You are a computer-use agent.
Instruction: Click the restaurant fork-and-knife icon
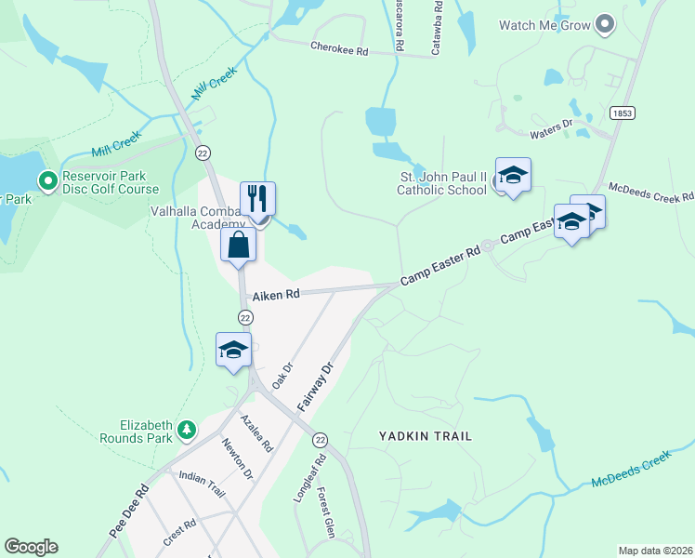pos(257,198)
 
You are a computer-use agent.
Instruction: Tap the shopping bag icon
pos(239,246)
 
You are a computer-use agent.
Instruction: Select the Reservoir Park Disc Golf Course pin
pos(45,179)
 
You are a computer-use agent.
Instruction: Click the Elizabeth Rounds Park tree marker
pos(187,430)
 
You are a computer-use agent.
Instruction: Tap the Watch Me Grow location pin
pos(605,25)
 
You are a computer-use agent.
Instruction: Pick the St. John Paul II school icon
pos(512,174)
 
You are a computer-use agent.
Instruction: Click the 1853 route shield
pos(623,113)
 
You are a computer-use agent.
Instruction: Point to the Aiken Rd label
pos(279,295)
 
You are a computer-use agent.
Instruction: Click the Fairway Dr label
pos(315,387)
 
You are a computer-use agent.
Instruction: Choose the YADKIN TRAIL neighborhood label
pos(426,435)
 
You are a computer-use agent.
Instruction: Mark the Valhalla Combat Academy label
pos(200,218)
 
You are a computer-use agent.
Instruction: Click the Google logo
pos(31,547)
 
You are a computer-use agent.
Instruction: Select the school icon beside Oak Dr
pos(233,349)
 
